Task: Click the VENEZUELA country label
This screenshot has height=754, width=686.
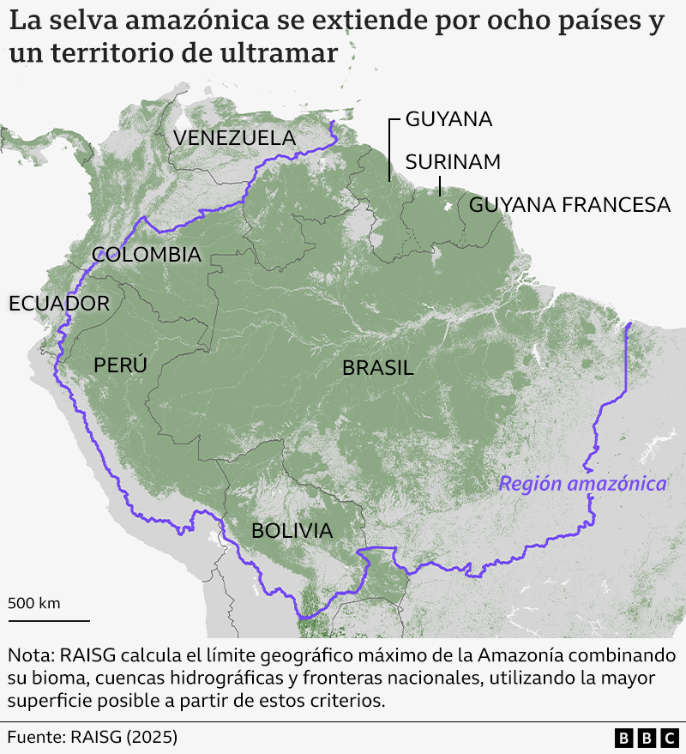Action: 234,137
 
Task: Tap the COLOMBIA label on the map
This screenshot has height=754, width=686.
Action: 147,255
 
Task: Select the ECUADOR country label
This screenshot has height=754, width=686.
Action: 59,304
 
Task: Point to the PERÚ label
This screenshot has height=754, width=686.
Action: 120,365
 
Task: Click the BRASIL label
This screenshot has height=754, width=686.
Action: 378,369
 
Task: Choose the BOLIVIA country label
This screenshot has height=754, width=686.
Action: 292,531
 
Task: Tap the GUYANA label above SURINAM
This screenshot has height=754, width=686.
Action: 448,119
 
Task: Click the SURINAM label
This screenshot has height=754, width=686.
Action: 453,162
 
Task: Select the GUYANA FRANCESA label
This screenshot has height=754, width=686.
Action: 569,205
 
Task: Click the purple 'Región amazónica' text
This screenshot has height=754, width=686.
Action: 582,484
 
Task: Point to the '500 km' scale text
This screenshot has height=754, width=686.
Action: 34,603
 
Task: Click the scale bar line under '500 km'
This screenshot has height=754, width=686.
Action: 49,619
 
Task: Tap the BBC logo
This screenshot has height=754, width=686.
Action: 647,738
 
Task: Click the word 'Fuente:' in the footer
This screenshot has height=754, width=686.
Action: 37,737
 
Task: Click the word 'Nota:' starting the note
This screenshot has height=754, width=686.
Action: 30,656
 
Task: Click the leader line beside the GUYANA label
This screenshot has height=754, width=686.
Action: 390,149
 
